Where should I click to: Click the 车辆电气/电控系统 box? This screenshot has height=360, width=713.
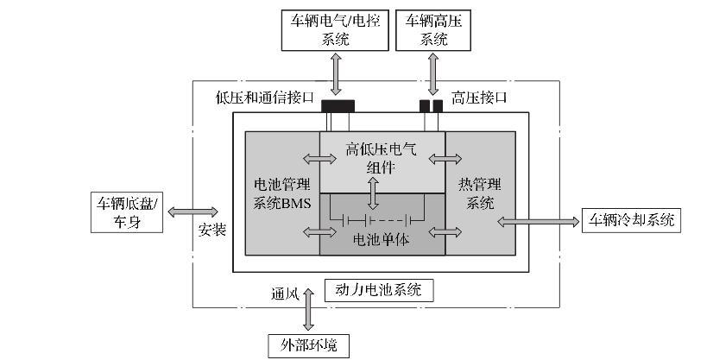click(x=336, y=30)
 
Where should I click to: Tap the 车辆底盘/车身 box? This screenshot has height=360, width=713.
click(x=129, y=212)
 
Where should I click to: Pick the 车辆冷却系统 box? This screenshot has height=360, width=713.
click(x=631, y=220)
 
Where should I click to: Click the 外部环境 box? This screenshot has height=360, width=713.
click(x=308, y=344)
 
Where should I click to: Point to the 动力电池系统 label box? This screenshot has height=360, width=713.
click(x=378, y=290)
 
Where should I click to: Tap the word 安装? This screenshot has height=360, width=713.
click(x=212, y=231)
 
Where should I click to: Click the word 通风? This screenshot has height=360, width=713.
click(x=284, y=294)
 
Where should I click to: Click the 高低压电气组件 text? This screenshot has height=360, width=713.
click(x=381, y=158)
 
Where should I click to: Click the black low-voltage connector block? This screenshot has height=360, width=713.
click(x=338, y=106)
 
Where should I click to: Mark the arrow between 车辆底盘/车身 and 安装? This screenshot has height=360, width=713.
click(x=193, y=212)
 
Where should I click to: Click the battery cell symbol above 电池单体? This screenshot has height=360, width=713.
click(x=381, y=218)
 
